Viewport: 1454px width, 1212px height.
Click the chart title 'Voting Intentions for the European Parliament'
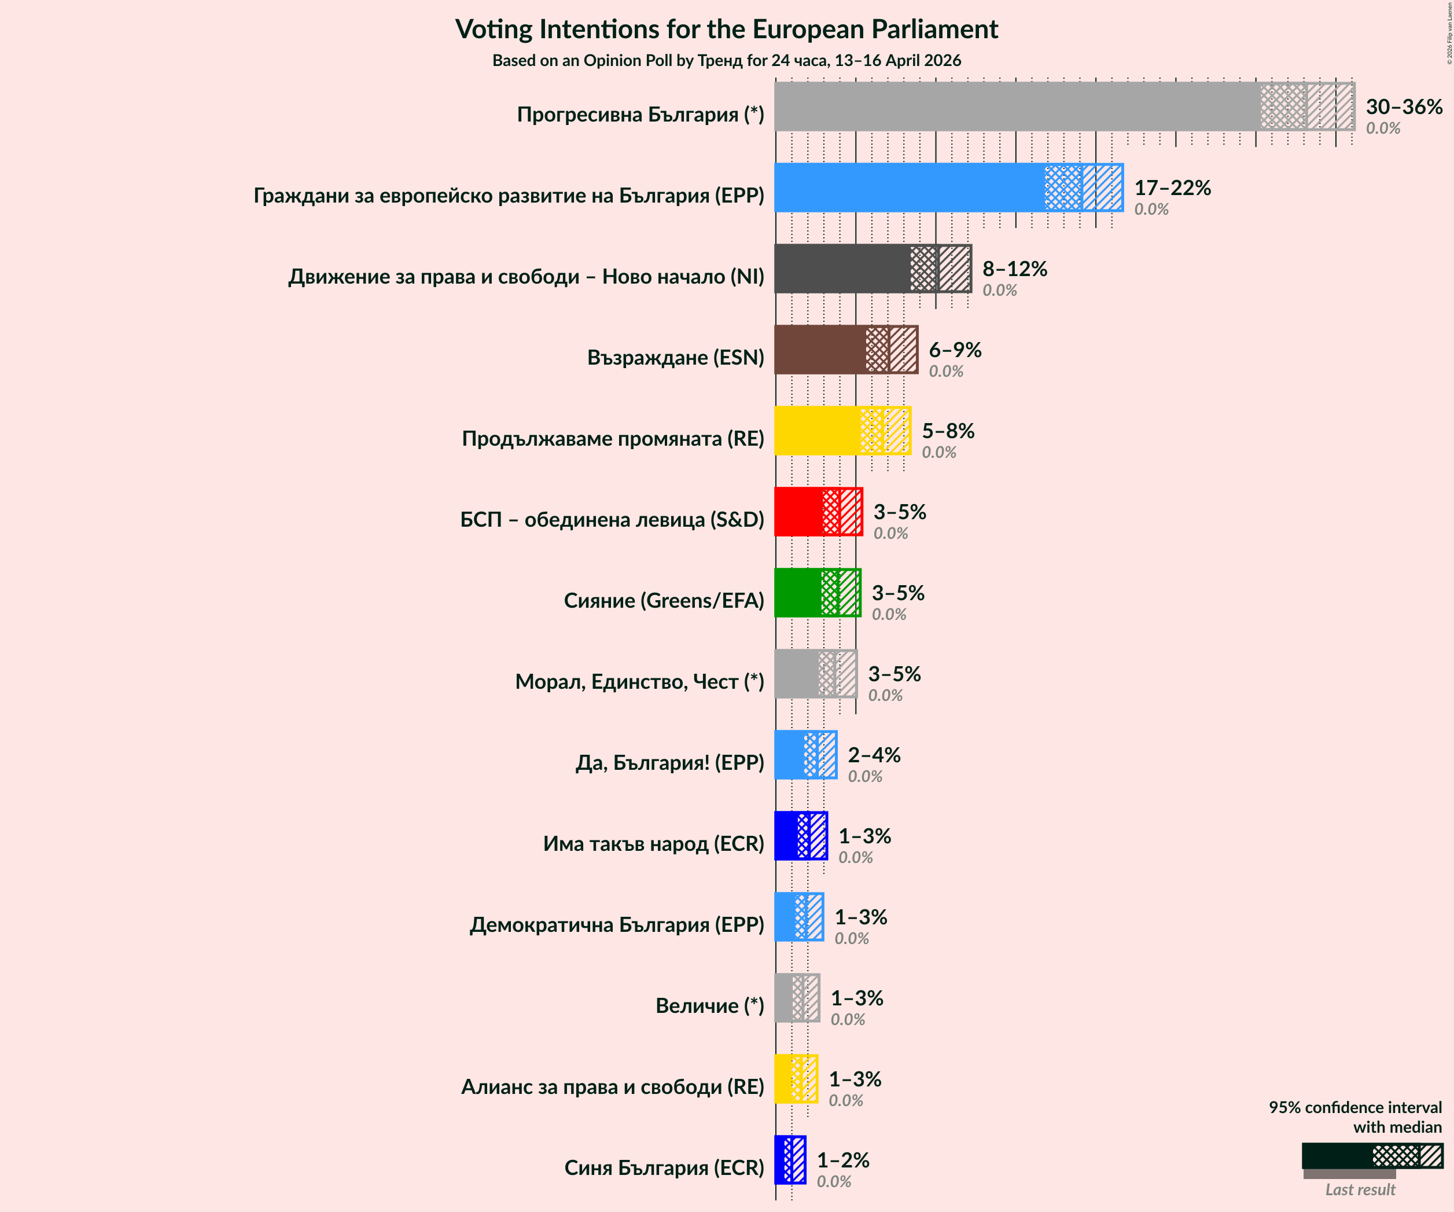pyautogui.click(x=726, y=29)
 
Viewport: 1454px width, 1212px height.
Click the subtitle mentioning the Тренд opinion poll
pyautogui.click(x=726, y=60)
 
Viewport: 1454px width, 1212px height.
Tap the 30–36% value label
pyautogui.click(x=1404, y=106)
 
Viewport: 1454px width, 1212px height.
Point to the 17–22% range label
pyautogui.click(x=1172, y=188)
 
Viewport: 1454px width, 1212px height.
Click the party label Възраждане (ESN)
pyautogui.click(x=675, y=357)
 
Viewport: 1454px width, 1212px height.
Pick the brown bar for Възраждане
pyautogui.click(x=820, y=350)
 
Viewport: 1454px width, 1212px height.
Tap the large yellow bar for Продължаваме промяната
pyautogui.click(x=817, y=431)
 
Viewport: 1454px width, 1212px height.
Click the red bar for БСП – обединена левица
pyautogui.click(x=798, y=512)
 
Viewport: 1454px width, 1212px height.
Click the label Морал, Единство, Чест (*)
pyautogui.click(x=639, y=681)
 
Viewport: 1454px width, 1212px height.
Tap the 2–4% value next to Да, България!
pyautogui.click(x=874, y=755)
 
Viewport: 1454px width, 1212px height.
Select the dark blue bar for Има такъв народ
pyautogui.click(x=786, y=836)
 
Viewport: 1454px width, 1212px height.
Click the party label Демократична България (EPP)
pyautogui.click(x=616, y=924)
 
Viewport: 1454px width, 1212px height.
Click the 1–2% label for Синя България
pyautogui.click(x=842, y=1160)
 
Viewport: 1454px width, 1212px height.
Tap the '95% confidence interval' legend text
pyautogui.click(x=1354, y=1107)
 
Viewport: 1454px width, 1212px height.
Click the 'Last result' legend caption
pyautogui.click(x=1360, y=1190)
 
